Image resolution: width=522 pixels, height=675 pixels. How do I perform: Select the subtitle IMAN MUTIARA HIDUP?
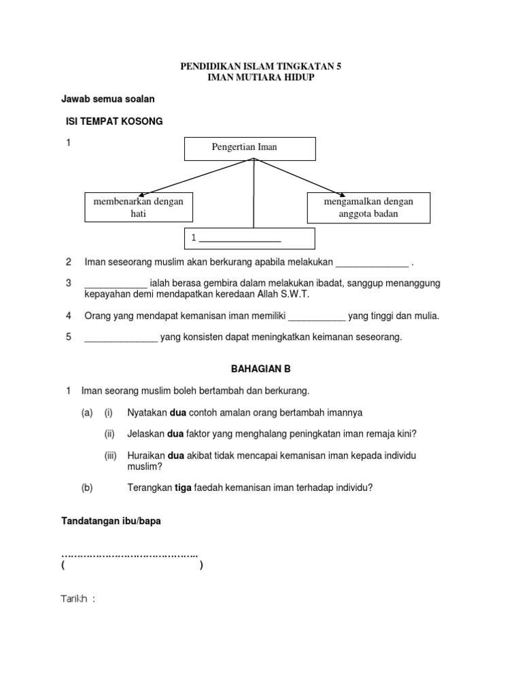pyautogui.click(x=261, y=78)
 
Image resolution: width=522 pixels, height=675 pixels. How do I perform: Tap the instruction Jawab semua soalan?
pyautogui.click(x=108, y=99)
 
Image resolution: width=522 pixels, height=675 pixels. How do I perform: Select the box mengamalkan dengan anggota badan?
pyautogui.click(x=370, y=207)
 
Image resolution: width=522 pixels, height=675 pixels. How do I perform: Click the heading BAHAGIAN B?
pyautogui.click(x=255, y=369)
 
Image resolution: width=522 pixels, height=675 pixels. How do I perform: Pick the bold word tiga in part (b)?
pyautogui.click(x=186, y=487)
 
